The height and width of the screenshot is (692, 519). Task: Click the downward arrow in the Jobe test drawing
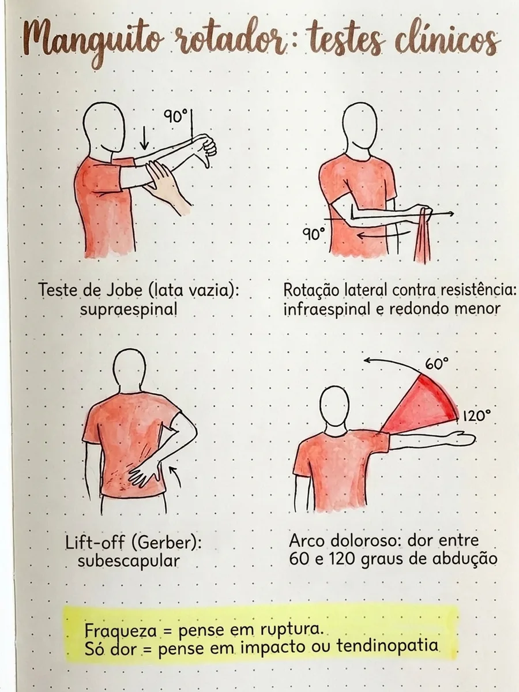[144, 138]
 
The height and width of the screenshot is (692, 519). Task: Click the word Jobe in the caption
[125, 290]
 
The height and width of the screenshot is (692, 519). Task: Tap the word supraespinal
[129, 310]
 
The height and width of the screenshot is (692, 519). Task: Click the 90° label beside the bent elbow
[314, 234]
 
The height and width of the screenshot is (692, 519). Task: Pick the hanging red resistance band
[423, 234]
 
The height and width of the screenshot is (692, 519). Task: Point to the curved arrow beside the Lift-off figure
[176, 477]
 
